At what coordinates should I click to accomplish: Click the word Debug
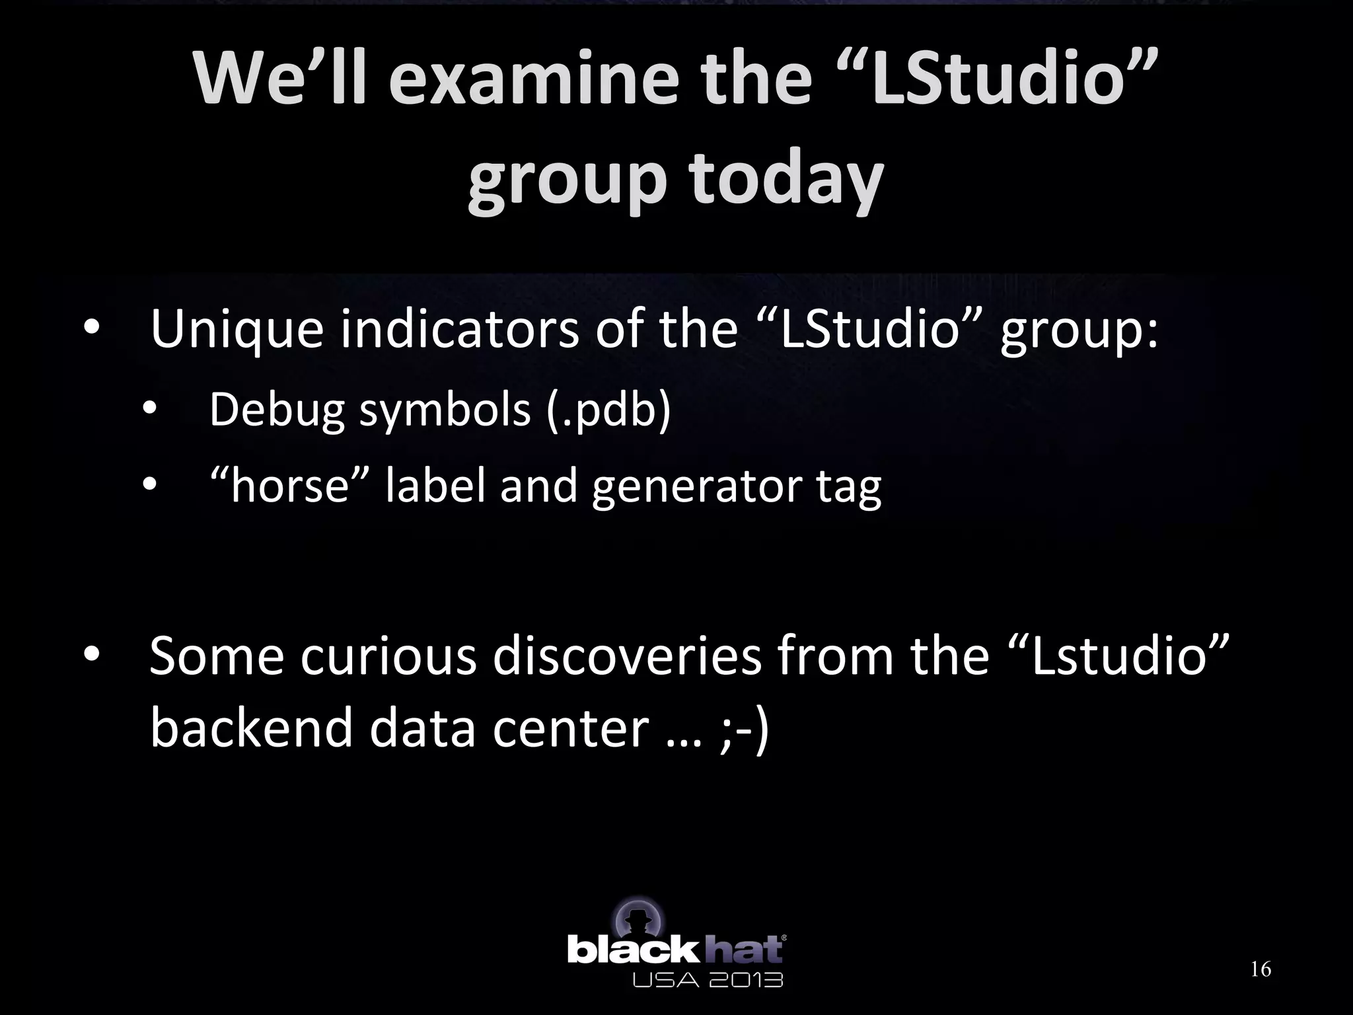click(277, 410)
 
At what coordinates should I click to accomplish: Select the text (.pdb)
click(609, 410)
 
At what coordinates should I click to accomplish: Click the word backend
click(252, 728)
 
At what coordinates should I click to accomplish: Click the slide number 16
click(1261, 969)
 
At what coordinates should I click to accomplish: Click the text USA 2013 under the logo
click(708, 979)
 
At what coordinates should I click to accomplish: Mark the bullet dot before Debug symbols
click(149, 410)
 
